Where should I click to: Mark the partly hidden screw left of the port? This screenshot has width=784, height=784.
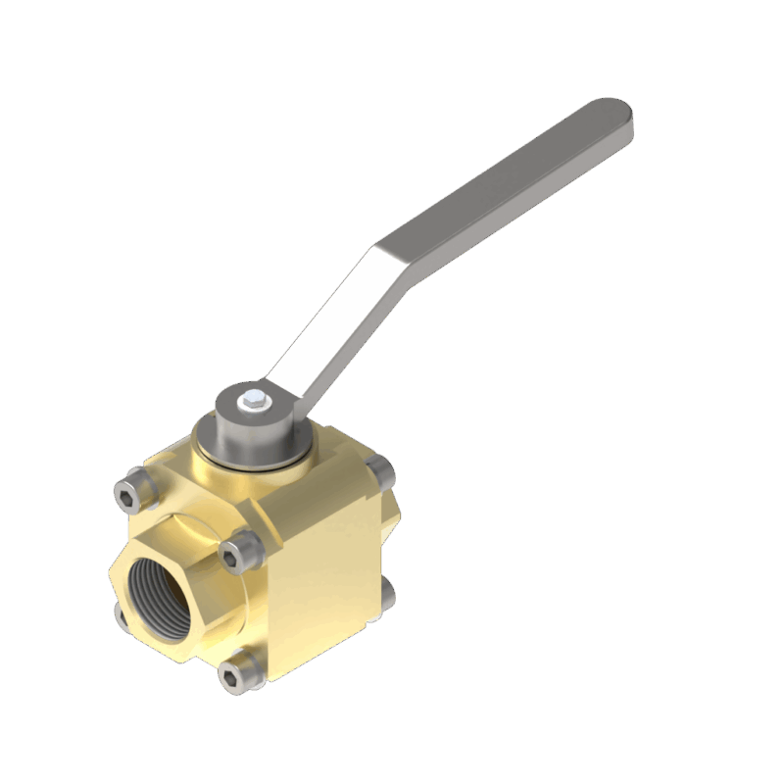click(x=120, y=612)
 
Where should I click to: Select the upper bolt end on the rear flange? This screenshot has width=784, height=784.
click(x=385, y=471)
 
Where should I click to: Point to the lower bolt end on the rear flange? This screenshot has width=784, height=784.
click(x=388, y=592)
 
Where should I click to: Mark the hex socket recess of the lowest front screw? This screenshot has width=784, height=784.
click(x=234, y=674)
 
